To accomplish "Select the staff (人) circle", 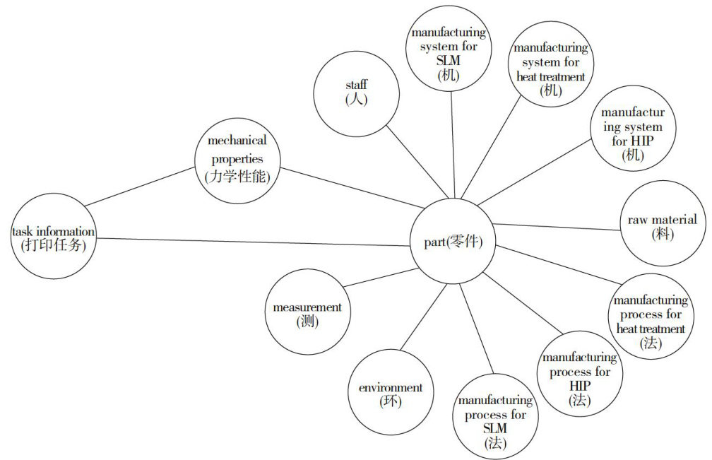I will [x=357, y=92].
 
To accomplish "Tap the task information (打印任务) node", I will [x=54, y=238].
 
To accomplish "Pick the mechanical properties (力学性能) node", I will [x=237, y=160].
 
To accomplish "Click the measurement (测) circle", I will [x=307, y=314].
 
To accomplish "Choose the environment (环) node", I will [x=390, y=395].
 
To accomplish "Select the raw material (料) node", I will [x=662, y=226].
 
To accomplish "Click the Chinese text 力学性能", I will [x=237, y=177].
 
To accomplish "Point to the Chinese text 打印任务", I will [x=54, y=246].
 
